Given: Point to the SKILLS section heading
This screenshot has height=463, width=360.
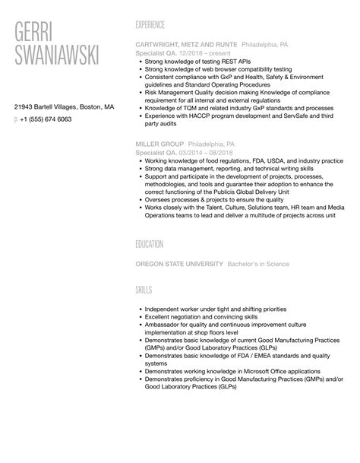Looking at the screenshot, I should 144,290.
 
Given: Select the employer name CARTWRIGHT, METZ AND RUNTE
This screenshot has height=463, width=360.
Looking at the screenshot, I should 185,45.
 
